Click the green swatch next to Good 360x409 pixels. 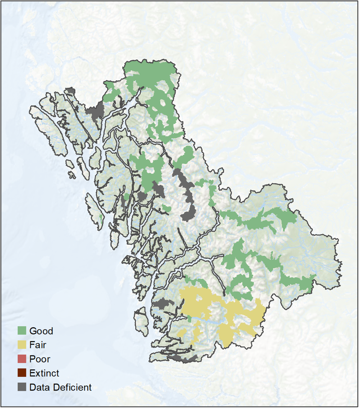pyautogui.click(x=22, y=330)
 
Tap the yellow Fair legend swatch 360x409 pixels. pyautogui.click(x=22, y=345)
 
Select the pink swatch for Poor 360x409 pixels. pyautogui.click(x=22, y=359)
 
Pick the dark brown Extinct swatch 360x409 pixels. pyautogui.click(x=22, y=373)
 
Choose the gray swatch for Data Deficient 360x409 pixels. pyautogui.click(x=22, y=387)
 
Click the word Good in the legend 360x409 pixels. pyautogui.click(x=41, y=331)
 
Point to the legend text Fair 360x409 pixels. pyautogui.click(x=38, y=345)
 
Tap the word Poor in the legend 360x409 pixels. pyautogui.click(x=40, y=359)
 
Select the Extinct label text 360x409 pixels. pyautogui.click(x=44, y=373)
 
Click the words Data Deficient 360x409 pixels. pyautogui.click(x=60, y=387)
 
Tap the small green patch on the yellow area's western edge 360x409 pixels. pyautogui.click(x=189, y=319)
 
